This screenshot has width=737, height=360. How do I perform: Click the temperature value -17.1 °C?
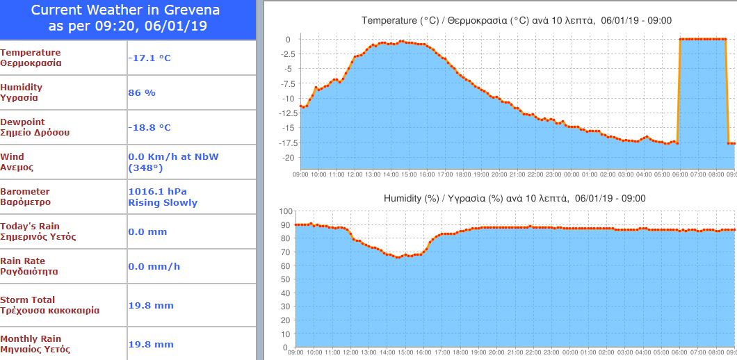point(149,58)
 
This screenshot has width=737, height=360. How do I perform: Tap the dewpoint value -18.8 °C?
point(149,127)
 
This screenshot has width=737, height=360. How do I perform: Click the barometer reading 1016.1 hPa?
point(158,191)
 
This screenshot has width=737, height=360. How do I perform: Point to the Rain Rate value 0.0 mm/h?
point(154,266)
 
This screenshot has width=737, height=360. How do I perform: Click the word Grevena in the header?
point(192,10)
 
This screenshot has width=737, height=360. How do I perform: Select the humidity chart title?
point(515,198)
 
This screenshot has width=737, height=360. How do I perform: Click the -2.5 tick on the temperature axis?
point(286,54)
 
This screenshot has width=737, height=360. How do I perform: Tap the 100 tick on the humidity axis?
point(284,211)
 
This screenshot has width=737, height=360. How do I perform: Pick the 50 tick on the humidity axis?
point(286,279)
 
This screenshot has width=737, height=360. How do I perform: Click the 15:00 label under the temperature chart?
point(408,174)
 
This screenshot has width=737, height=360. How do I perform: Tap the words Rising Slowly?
point(163,203)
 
